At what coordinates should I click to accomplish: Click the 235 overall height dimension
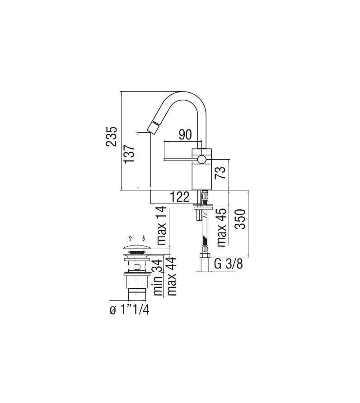tap(112, 136)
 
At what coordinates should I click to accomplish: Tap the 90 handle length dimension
tap(185, 134)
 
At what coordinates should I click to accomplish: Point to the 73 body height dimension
tap(220, 172)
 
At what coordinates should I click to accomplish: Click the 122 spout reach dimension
tap(180, 197)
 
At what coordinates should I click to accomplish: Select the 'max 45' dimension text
tap(221, 227)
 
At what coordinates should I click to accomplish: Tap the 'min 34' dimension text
tap(158, 277)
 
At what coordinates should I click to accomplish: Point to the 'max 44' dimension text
tap(172, 277)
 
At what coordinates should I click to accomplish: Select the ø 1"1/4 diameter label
tap(129, 310)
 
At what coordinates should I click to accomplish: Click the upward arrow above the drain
tap(130, 238)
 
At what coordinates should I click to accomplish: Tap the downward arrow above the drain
tap(144, 238)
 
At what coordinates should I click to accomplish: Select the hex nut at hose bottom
tap(205, 257)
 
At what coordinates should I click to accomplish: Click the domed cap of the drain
tap(136, 246)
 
